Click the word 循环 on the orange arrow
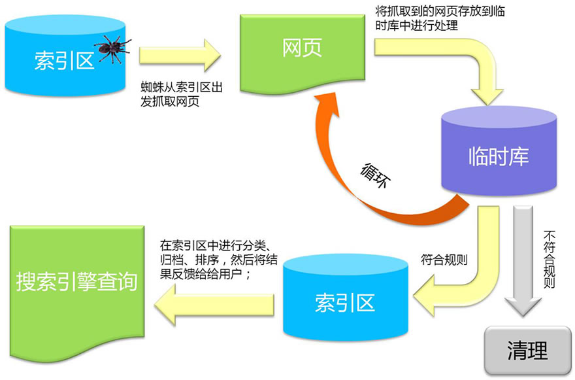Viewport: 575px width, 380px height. [x=377, y=175]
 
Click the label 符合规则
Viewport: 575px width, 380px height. [x=445, y=259]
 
